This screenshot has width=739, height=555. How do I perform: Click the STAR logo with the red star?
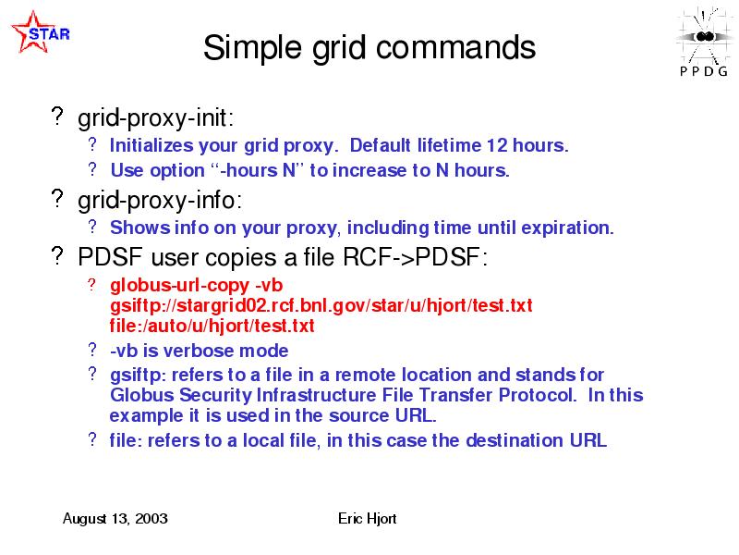(x=41, y=32)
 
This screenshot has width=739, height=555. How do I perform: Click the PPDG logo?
(x=704, y=42)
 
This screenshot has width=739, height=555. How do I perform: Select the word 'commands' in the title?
(x=455, y=47)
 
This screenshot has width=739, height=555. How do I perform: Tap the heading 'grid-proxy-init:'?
(x=155, y=117)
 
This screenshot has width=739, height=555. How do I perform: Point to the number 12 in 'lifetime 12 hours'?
(x=497, y=145)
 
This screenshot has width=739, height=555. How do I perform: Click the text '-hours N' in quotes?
(x=258, y=170)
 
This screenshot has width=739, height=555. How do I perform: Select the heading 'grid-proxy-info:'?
(x=160, y=201)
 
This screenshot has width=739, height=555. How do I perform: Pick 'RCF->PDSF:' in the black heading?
(x=415, y=257)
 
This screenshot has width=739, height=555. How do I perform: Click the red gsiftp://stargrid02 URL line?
(x=321, y=306)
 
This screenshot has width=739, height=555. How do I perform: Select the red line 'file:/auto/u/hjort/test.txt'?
(x=212, y=326)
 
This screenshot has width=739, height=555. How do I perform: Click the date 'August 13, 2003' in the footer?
(x=115, y=519)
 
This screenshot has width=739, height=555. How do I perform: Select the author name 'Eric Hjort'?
(x=367, y=519)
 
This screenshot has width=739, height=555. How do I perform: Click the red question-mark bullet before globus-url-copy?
(x=91, y=285)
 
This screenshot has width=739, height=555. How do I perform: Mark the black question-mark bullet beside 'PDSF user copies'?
(x=57, y=255)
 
